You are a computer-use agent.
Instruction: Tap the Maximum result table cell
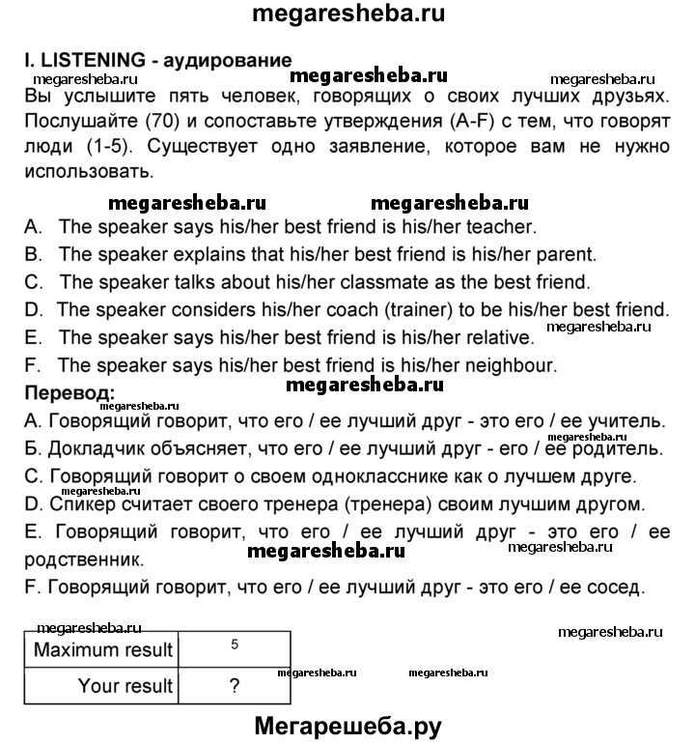click(103, 649)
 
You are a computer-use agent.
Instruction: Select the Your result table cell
click(126, 686)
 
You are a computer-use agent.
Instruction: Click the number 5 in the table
click(236, 644)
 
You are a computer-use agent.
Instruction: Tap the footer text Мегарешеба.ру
click(347, 725)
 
